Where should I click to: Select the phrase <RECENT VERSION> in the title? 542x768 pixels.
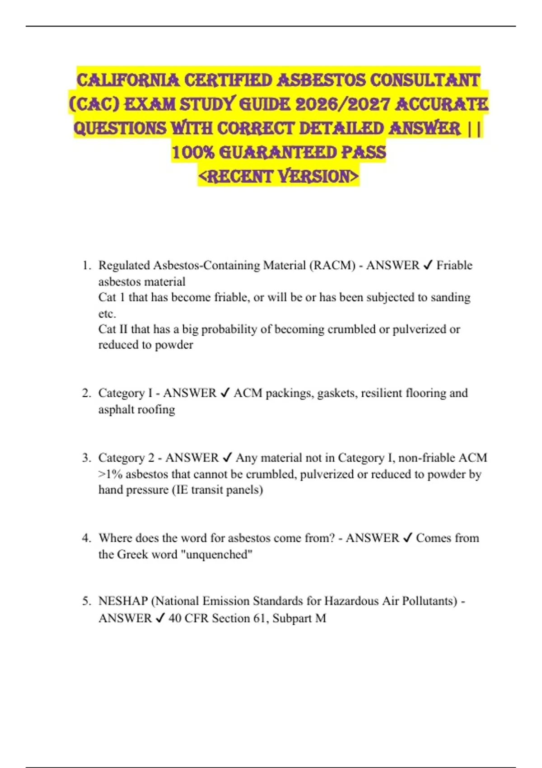[278, 177]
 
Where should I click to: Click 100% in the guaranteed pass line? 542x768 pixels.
[193, 153]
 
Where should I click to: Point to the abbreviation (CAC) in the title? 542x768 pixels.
[94, 105]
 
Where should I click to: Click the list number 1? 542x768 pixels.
[86, 265]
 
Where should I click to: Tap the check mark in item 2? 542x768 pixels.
[225, 393]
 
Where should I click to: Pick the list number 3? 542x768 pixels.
[86, 458]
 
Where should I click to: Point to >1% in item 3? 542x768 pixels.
[110, 474]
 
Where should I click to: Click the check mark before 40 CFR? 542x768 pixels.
[160, 618]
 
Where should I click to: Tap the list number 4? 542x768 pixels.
[86, 538]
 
